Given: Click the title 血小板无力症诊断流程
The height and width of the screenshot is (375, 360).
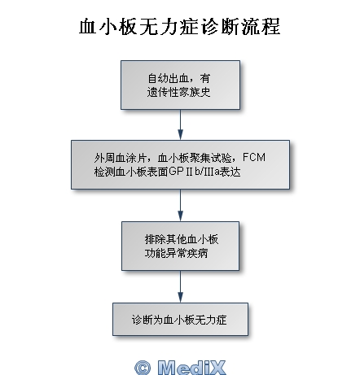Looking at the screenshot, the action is pyautogui.click(x=179, y=27).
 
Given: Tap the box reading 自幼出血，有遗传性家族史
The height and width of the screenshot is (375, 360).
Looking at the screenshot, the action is pyautogui.click(x=180, y=85).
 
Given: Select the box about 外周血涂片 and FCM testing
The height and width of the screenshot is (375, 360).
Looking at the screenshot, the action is pyautogui.click(x=180, y=164).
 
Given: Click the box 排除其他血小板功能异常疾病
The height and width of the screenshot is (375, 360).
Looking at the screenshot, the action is pyautogui.click(x=180, y=246).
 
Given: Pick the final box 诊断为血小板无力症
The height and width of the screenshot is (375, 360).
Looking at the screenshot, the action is pyautogui.click(x=180, y=319).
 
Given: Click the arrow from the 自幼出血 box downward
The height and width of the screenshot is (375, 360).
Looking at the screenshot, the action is pyautogui.click(x=180, y=124).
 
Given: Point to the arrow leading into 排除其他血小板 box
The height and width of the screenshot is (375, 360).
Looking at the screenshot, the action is pyautogui.click(x=180, y=205).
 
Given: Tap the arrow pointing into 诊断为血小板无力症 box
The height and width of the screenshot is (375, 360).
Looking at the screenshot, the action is pyautogui.click(x=180, y=286).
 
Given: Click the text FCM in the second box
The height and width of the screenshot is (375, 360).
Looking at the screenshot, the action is pyautogui.click(x=254, y=157).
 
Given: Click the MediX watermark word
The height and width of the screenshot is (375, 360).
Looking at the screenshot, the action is pyautogui.click(x=191, y=368).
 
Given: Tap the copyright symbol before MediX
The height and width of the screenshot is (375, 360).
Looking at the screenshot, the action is pyautogui.click(x=143, y=368).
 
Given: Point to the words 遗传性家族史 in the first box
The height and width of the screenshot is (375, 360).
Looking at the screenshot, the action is pyautogui.click(x=178, y=92).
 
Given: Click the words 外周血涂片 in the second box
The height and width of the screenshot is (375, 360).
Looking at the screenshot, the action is pyautogui.click(x=121, y=158).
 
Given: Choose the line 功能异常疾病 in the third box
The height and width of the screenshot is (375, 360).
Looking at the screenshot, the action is pyautogui.click(x=177, y=253).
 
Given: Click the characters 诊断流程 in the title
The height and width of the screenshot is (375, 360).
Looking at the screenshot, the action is pyautogui.click(x=241, y=27).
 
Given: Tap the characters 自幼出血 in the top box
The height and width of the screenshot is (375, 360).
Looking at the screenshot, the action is pyautogui.click(x=168, y=78).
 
